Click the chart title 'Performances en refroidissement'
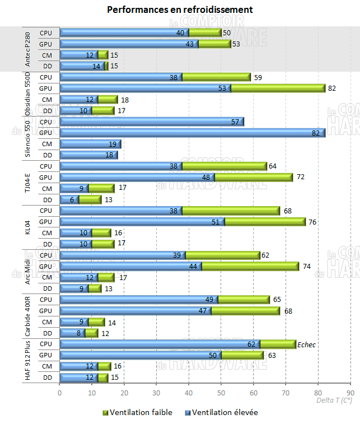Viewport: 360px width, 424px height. (180, 10)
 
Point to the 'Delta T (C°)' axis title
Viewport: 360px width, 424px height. (334, 400)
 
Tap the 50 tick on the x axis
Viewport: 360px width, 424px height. (221, 393)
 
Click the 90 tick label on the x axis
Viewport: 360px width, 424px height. (350, 393)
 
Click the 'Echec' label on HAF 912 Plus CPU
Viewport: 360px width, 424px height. (306, 345)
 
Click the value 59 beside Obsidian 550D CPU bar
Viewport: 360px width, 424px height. (258, 77)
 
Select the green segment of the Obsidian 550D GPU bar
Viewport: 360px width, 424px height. (278, 88)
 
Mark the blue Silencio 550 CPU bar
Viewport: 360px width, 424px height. (151, 122)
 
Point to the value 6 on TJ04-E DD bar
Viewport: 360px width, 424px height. (71, 199)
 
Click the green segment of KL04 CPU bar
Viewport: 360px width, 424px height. (231, 211)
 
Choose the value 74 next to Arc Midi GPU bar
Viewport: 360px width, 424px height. (306, 267)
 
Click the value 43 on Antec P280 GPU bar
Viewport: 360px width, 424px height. (189, 44)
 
